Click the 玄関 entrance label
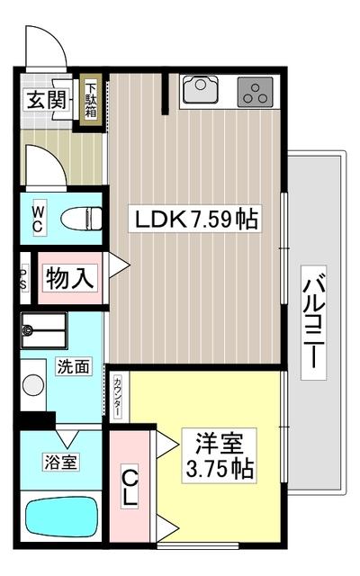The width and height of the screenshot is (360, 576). [45, 100]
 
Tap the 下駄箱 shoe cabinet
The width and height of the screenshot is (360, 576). [90, 100]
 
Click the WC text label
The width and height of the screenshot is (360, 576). [40, 217]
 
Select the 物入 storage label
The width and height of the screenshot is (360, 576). [69, 277]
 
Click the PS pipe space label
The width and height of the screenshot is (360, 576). [24, 276]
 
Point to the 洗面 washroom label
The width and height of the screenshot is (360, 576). [72, 366]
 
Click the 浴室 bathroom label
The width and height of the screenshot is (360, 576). [60, 463]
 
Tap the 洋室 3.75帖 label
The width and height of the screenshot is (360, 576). [220, 455]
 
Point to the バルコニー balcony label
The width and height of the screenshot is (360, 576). [314, 324]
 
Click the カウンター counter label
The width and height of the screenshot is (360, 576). [118, 397]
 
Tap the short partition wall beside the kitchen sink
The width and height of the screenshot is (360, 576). [166, 94]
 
